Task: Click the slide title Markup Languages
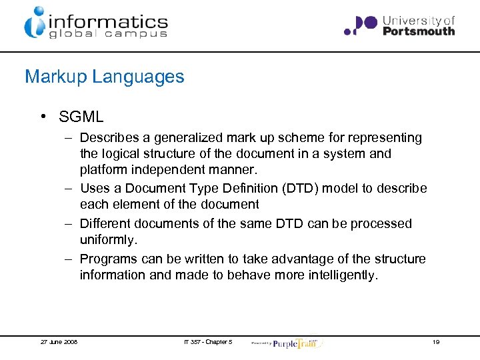point(104,77)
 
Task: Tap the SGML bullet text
point(81,117)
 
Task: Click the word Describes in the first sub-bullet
point(108,138)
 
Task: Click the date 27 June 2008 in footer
point(59,342)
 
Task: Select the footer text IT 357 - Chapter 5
point(208,342)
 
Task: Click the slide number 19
point(435,342)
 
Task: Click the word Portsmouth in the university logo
point(419,31)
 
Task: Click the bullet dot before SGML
point(41,117)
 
